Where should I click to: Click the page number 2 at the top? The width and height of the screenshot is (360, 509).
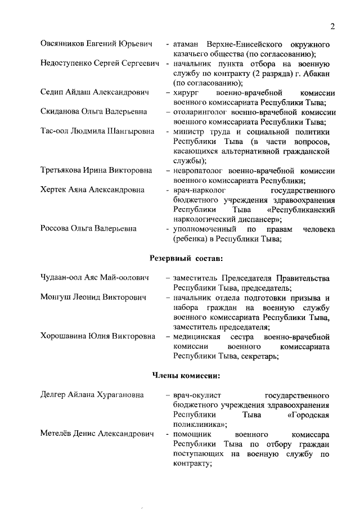[332, 26]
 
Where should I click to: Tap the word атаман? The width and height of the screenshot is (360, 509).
[188, 44]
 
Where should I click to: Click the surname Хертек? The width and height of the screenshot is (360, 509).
[55, 191]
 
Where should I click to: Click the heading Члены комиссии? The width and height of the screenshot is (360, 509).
[186, 375]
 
